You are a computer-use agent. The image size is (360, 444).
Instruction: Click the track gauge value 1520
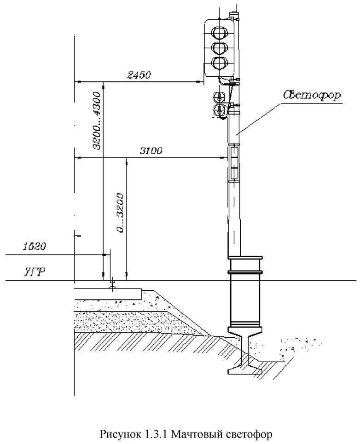click(34, 247)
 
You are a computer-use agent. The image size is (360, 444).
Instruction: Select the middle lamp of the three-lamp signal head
click(220, 47)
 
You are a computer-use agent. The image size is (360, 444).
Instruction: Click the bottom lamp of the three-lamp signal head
click(220, 62)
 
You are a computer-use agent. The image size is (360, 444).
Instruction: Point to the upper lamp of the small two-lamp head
click(219, 96)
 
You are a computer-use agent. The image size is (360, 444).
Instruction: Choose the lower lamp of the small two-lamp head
click(219, 109)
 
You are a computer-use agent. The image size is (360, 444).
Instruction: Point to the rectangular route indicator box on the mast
click(234, 161)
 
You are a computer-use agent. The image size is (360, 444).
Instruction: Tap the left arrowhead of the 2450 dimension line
click(77, 82)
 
